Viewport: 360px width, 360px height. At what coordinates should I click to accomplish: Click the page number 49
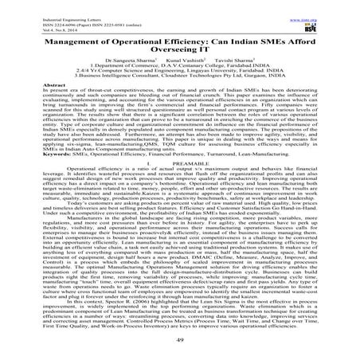click(179, 343)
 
